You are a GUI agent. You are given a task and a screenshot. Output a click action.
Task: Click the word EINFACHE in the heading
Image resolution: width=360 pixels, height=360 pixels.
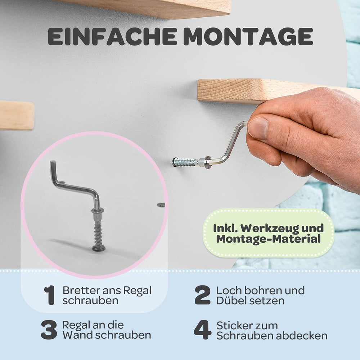point(112,36)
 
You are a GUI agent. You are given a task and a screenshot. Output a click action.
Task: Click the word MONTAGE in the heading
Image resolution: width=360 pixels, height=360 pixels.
point(248,36)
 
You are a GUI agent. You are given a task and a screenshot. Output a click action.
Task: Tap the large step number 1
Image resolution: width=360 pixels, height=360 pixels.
point(50,295)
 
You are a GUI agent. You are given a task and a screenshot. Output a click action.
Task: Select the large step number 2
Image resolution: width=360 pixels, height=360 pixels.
point(202,295)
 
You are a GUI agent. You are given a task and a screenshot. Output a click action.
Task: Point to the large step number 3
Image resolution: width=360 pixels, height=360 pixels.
point(49,330)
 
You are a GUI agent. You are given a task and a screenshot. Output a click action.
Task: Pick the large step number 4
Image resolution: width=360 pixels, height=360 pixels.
point(202,330)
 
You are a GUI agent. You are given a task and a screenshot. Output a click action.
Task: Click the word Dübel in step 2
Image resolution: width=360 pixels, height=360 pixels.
point(230,301)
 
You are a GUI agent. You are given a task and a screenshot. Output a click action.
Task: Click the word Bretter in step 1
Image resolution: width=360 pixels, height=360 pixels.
point(81,290)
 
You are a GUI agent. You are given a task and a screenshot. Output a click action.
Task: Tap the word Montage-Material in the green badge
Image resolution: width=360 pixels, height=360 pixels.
point(269,239)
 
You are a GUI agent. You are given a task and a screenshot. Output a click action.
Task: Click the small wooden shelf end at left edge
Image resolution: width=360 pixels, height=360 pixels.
point(17,115)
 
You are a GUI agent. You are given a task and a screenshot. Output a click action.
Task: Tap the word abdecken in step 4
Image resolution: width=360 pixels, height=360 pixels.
point(301,336)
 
